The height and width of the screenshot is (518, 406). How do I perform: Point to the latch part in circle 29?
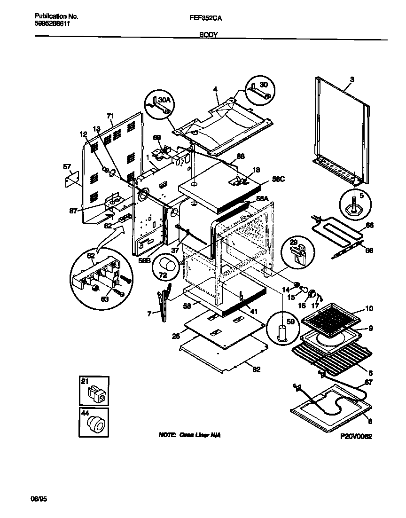(297, 253)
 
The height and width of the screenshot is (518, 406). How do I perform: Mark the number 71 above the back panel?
(110, 116)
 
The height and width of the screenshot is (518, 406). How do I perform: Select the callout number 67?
(368, 383)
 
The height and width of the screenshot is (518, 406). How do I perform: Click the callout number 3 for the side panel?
(351, 79)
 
